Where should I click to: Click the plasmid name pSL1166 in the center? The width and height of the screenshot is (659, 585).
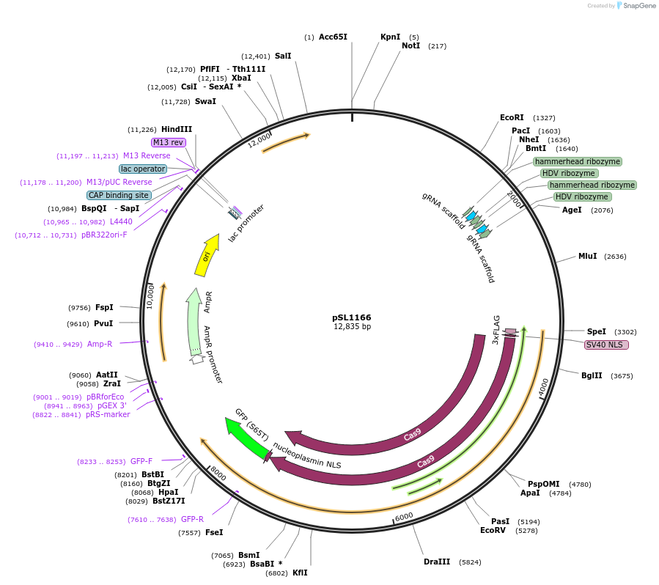tap(352, 317)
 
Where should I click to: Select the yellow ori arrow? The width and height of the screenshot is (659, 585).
tap(207, 255)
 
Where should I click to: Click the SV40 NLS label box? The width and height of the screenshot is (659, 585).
tap(606, 345)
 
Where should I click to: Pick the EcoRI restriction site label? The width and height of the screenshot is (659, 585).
tap(512, 117)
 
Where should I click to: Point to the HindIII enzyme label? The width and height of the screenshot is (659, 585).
tap(177, 129)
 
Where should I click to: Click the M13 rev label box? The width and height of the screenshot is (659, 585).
tap(169, 142)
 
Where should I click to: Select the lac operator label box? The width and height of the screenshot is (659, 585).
tap(143, 169)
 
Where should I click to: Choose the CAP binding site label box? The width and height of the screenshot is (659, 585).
tap(119, 195)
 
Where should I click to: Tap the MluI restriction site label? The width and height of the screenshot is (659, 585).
tap(587, 256)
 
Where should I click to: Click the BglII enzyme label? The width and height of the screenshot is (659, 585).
tap(592, 375)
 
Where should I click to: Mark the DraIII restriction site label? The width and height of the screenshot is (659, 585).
tap(437, 562)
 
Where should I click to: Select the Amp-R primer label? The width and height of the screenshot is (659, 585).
tap(100, 344)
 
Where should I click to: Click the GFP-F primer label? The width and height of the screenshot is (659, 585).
tap(141, 461)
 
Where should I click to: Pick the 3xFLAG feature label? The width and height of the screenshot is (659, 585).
tap(496, 330)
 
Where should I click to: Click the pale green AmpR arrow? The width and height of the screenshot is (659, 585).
tap(194, 323)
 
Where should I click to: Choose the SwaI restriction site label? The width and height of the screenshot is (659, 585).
tap(205, 101)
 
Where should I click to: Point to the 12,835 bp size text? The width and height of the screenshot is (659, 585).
tap(352, 327)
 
